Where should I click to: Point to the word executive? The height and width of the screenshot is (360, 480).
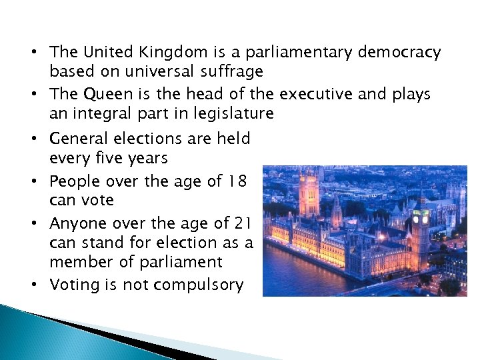(317, 94)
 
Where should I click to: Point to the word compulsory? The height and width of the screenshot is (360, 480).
(199, 285)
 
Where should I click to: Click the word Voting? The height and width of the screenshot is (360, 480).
(75, 285)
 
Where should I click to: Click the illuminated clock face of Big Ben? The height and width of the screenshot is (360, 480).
(420, 218)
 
